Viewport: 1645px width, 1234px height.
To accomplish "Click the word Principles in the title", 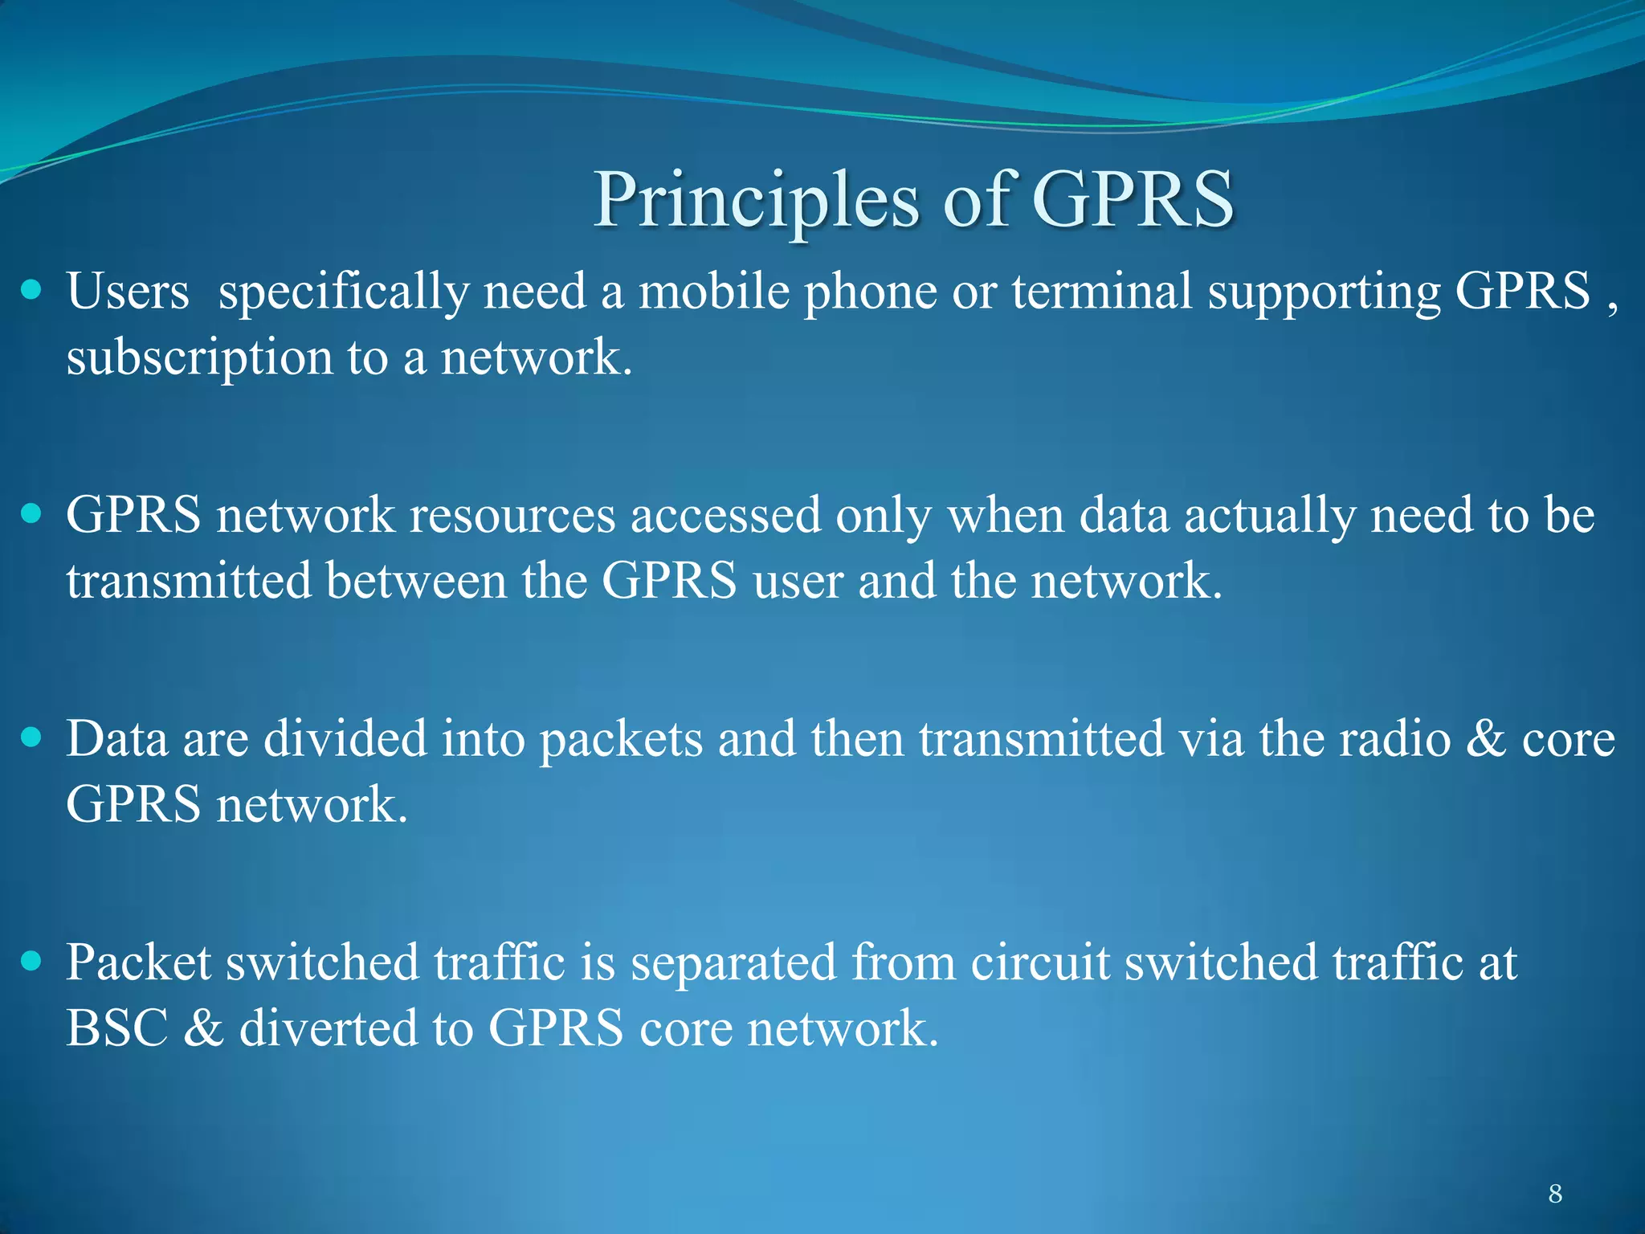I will click(755, 201).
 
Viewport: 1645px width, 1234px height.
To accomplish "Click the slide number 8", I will click(1555, 1194).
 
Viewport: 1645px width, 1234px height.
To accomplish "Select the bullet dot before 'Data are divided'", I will click(31, 738).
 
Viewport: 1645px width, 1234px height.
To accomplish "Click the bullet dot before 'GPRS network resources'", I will click(31, 513).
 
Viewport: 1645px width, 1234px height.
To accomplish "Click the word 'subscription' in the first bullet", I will click(199, 358).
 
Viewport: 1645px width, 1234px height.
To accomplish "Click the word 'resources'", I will click(512, 515).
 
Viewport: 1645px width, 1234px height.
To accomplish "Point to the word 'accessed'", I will click(725, 515).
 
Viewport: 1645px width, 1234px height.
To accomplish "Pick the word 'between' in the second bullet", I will click(416, 581).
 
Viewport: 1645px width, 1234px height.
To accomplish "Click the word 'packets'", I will click(621, 739).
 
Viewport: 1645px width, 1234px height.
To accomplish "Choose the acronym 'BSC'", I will click(117, 1028).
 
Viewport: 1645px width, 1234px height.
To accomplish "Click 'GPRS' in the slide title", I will click(1133, 201).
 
